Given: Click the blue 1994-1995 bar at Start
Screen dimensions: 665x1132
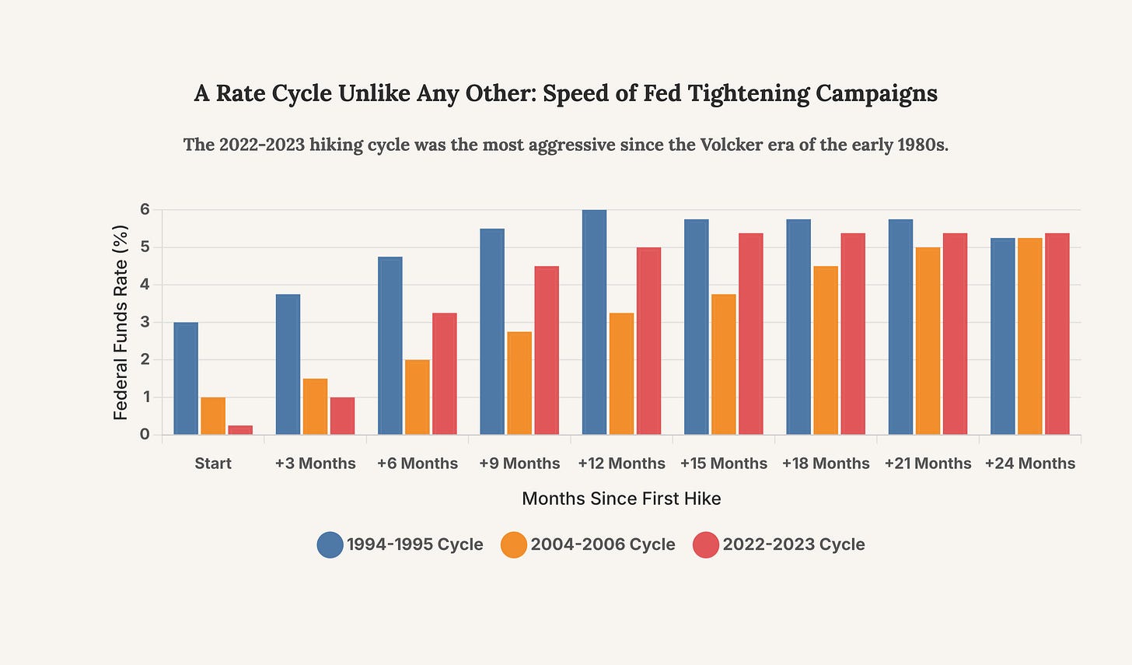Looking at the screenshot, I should tap(186, 378).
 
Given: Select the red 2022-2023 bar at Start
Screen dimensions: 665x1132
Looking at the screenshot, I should tap(240, 430).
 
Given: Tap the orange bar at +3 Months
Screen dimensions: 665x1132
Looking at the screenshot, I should tap(315, 406).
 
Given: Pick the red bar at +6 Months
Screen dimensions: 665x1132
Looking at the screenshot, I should tap(445, 373).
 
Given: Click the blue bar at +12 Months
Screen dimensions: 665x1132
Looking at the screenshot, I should tap(594, 322).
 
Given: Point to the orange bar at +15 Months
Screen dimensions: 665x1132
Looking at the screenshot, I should tap(723, 364).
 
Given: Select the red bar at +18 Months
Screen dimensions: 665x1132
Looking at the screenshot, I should tap(853, 334).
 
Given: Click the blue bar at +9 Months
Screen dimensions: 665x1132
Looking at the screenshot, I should tap(492, 331).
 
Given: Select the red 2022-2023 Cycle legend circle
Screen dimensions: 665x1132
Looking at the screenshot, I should tap(705, 544).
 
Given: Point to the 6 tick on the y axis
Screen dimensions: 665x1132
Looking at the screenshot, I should tap(145, 210).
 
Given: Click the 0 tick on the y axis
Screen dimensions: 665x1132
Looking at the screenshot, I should tap(145, 434).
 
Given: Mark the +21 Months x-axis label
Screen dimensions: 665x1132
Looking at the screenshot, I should tap(928, 464).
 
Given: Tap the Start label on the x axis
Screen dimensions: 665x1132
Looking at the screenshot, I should tap(213, 464).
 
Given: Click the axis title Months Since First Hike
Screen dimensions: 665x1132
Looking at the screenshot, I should tap(621, 499).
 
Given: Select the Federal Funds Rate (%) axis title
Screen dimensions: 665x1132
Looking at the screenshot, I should tap(121, 322).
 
